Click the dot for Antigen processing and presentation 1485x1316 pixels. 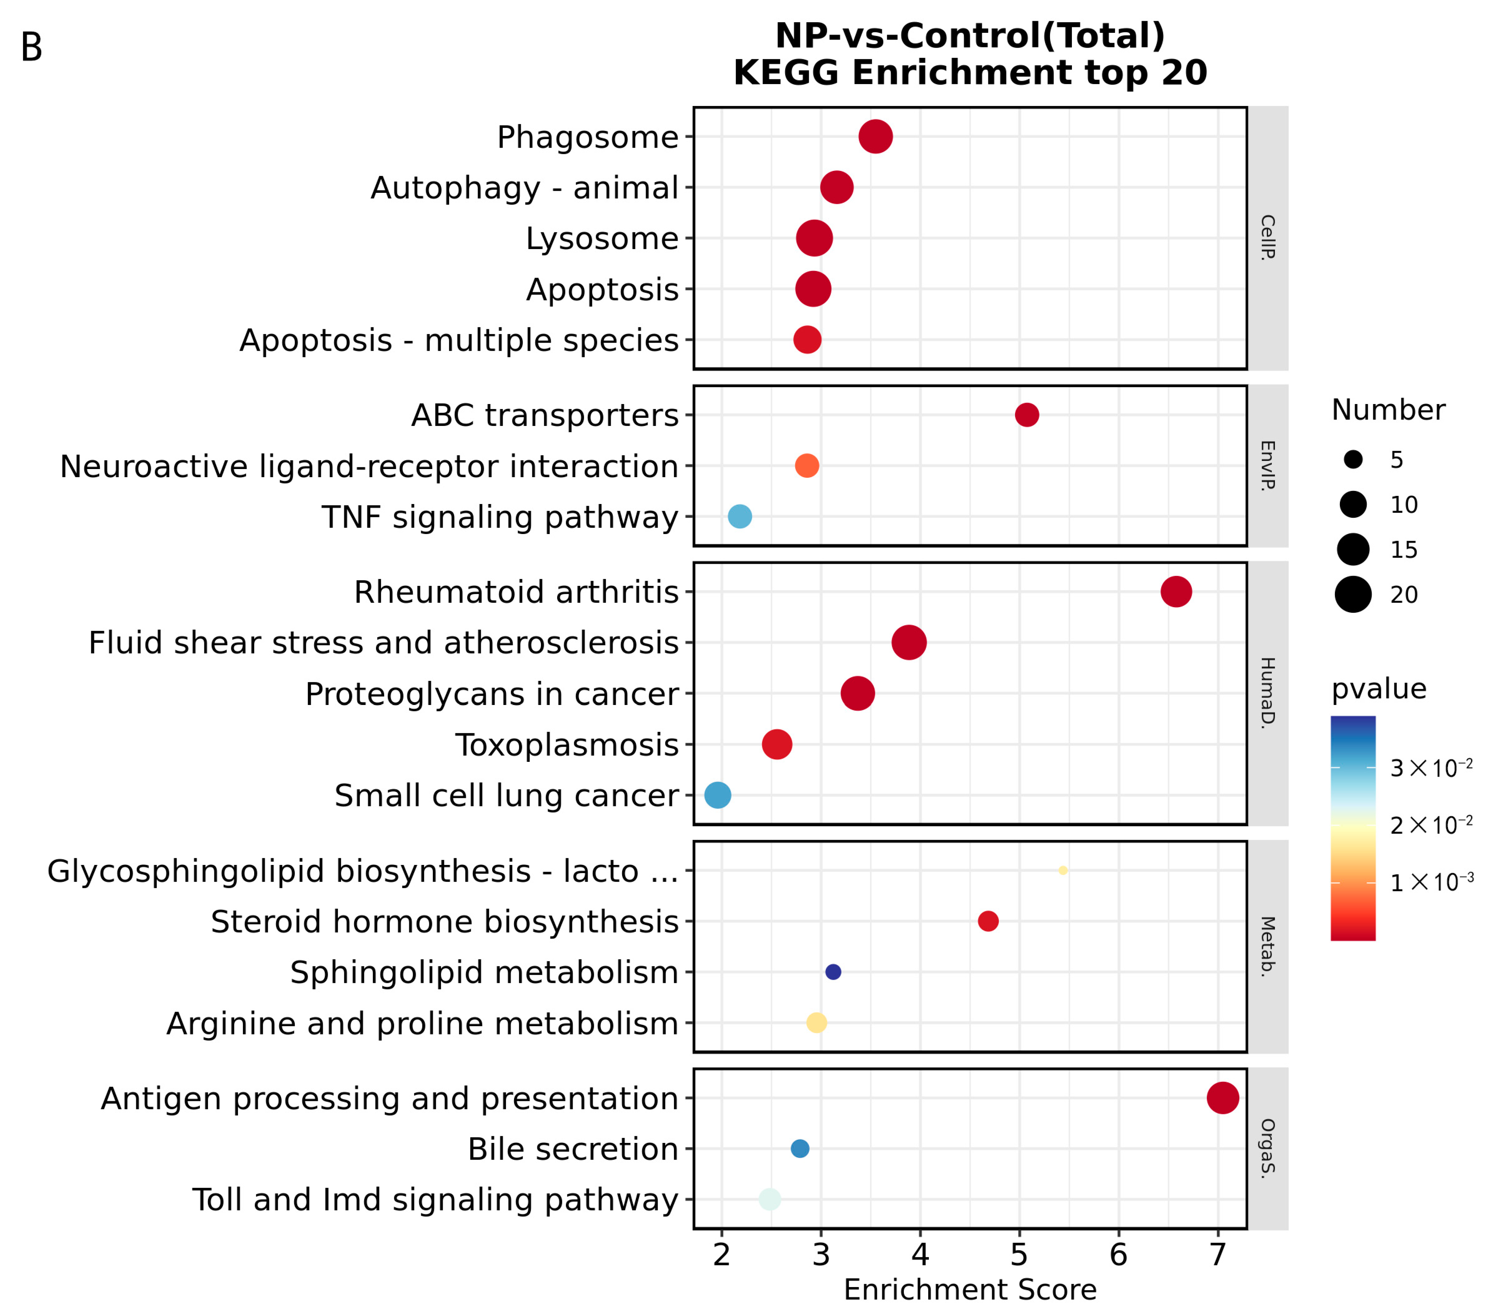[1223, 1097]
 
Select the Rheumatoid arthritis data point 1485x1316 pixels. [1175, 592]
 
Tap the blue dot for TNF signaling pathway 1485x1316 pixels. [740, 517]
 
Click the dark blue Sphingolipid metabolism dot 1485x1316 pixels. [833, 972]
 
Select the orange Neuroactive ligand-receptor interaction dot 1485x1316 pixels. [806, 466]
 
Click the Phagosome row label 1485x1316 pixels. [587, 137]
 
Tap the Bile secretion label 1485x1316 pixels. [572, 1149]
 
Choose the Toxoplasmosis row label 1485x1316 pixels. [567, 745]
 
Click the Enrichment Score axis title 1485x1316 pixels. [970, 1290]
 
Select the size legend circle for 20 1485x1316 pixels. [1353, 594]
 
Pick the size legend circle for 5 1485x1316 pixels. [1353, 459]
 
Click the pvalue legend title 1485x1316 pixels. [1378, 688]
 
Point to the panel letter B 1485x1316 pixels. [31, 48]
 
